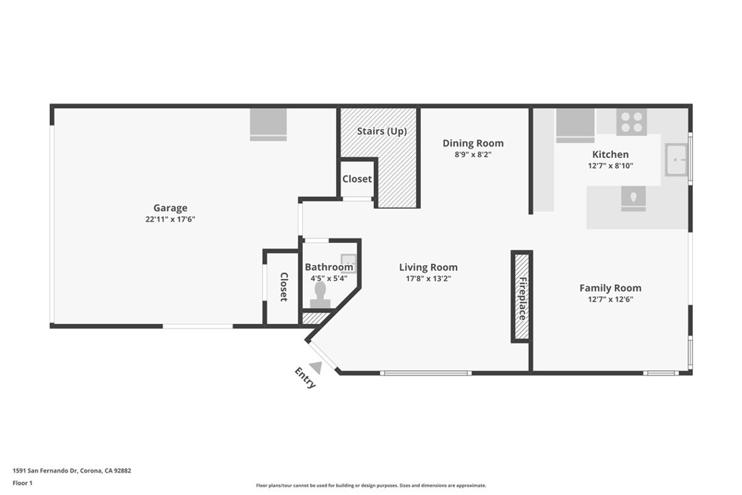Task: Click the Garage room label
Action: (170, 208)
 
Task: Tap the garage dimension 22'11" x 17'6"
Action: (170, 219)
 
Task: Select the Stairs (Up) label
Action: (382, 131)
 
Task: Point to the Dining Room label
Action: (473, 143)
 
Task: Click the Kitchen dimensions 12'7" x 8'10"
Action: (610, 166)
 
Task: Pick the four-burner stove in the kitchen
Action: (632, 122)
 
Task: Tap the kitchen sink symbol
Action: (676, 160)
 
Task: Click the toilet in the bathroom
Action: (320, 296)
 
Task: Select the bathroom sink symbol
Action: (349, 260)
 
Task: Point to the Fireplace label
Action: (522, 298)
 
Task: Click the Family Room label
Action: (610, 288)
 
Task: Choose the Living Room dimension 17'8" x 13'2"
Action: (428, 278)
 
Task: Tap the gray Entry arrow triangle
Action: (316, 367)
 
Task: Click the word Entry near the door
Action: (305, 378)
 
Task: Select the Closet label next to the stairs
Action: (357, 179)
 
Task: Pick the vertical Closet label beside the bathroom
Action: (284, 287)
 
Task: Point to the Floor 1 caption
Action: (22, 483)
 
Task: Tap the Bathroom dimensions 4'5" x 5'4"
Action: (329, 278)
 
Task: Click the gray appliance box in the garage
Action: (268, 125)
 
